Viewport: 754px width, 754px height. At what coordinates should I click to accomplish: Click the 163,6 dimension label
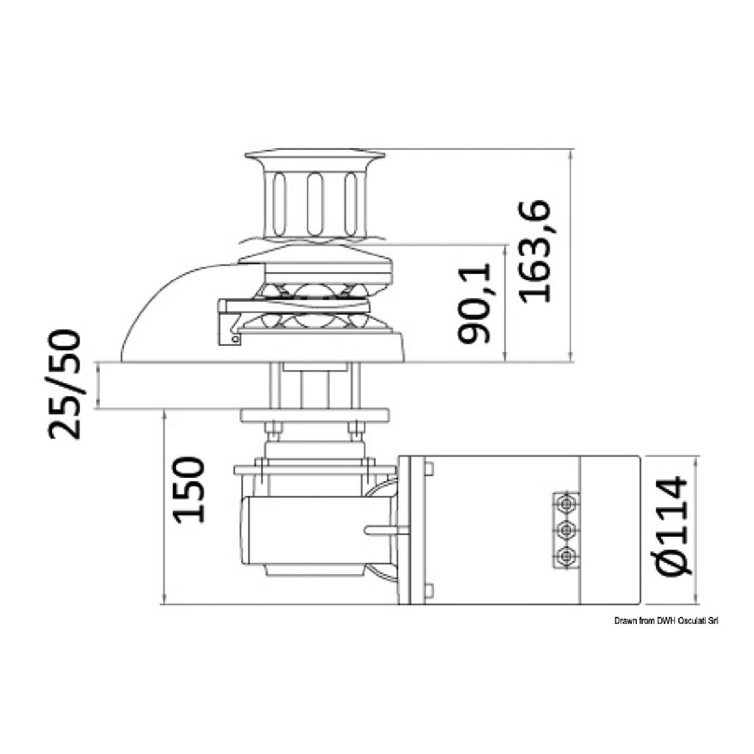(535, 252)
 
